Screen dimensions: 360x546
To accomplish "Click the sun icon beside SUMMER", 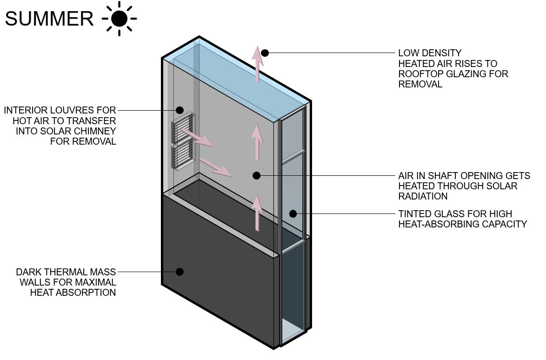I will pos(120,19).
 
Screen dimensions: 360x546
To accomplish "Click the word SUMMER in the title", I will pos(49,19).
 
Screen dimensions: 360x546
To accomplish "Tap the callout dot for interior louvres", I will pos(180,110).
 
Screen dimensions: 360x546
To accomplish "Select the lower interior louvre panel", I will pos(183,155).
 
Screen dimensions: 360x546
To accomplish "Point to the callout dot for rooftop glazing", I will pos(265,53).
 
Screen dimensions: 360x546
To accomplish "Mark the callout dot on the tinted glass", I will pos(293,213).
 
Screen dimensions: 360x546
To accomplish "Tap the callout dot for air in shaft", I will pos(256,175).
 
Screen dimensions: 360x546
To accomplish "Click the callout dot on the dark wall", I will pos(180,272).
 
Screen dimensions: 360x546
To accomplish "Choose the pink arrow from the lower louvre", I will pos(215,167).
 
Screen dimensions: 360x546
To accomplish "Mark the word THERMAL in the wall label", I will pos(63,272).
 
